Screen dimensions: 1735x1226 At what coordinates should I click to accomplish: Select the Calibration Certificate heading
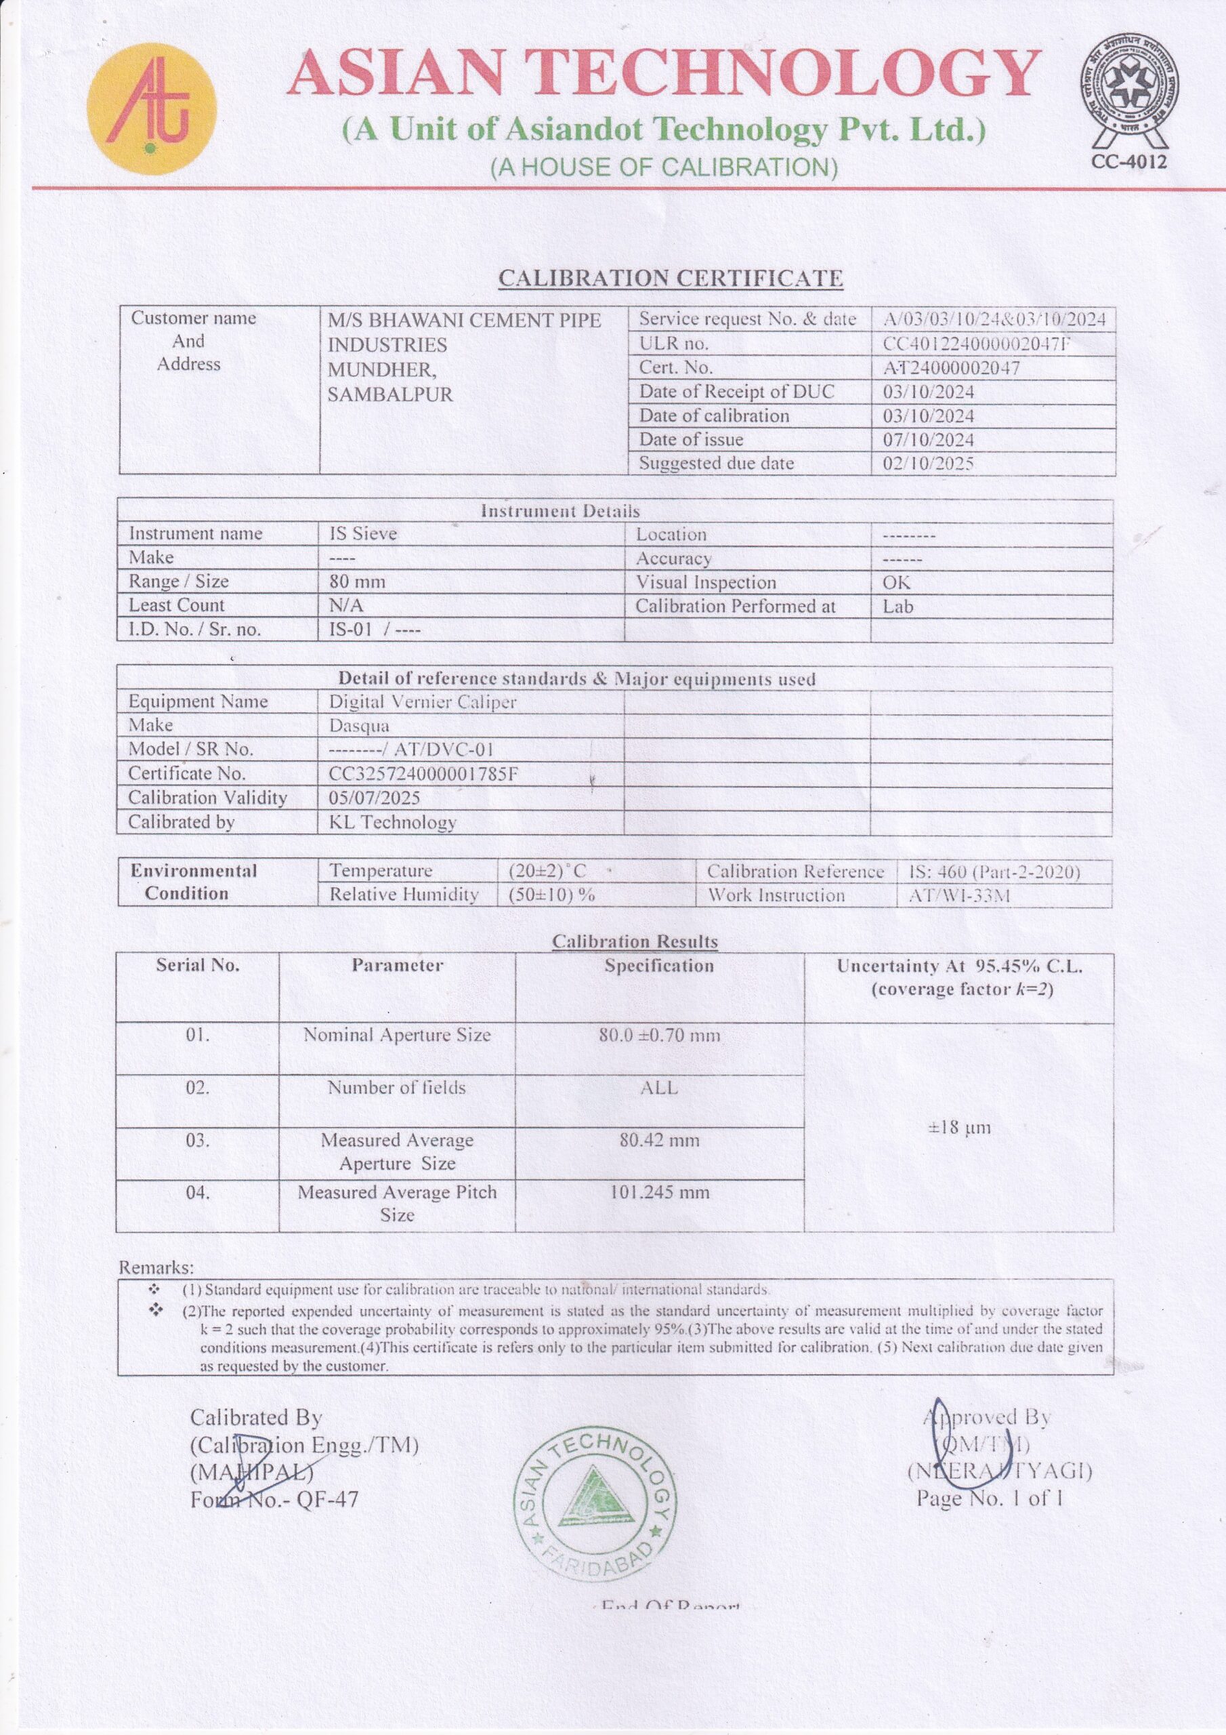(x=670, y=278)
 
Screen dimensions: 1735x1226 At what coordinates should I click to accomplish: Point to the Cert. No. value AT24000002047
(x=951, y=368)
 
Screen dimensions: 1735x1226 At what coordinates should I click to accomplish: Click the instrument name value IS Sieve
(x=362, y=533)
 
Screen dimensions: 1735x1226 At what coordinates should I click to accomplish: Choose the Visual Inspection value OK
(x=896, y=583)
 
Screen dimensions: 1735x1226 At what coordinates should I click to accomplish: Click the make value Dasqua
(x=359, y=725)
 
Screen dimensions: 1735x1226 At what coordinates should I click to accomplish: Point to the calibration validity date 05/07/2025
(x=374, y=798)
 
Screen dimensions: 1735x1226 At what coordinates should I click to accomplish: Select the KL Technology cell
(x=392, y=822)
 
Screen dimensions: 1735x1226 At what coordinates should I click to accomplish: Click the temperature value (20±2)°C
(x=547, y=870)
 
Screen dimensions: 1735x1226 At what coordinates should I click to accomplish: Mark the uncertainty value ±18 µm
(x=958, y=1128)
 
